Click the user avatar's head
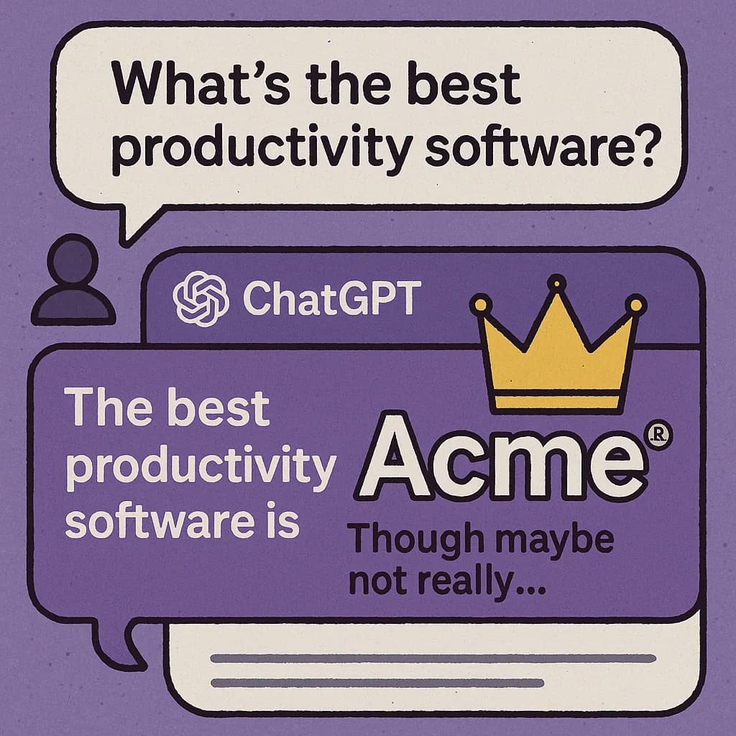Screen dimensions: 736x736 tap(73, 259)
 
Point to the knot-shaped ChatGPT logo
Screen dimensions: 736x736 tap(201, 298)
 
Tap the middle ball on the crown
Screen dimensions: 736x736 tap(557, 282)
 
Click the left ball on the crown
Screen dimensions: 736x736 tap(480, 305)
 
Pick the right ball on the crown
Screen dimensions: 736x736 tap(636, 305)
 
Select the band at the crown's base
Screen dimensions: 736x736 tap(557, 402)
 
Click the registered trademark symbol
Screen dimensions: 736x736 tap(660, 436)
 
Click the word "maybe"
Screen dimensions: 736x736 tap(555, 540)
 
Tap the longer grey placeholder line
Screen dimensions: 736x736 tap(433, 658)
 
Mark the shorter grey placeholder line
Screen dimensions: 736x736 tap(377, 683)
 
